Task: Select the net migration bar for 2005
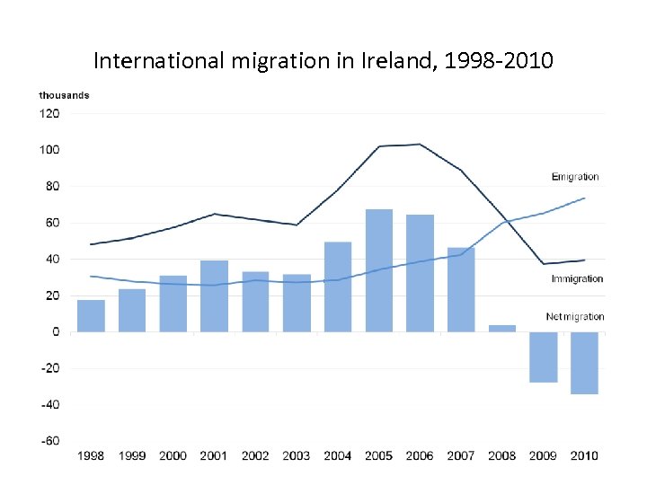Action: click(x=378, y=270)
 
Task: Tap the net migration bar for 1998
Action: click(x=91, y=316)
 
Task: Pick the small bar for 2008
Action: click(x=501, y=328)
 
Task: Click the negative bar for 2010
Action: click(x=584, y=363)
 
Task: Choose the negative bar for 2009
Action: click(x=543, y=357)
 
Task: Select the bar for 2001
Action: click(x=214, y=296)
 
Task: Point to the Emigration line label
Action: click(x=575, y=177)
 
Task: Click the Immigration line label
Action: click(x=577, y=278)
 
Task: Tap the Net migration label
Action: click(x=575, y=316)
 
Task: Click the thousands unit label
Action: click(x=64, y=95)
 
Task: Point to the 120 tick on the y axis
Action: click(x=49, y=114)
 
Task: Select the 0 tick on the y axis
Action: click(x=56, y=331)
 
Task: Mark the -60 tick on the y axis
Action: click(x=49, y=441)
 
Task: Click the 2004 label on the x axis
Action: click(x=337, y=455)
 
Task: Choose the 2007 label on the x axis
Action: click(x=461, y=455)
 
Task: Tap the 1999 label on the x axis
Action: click(x=131, y=455)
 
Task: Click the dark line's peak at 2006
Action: click(x=420, y=144)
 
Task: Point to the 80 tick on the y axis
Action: click(x=52, y=187)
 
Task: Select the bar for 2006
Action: click(x=420, y=273)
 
